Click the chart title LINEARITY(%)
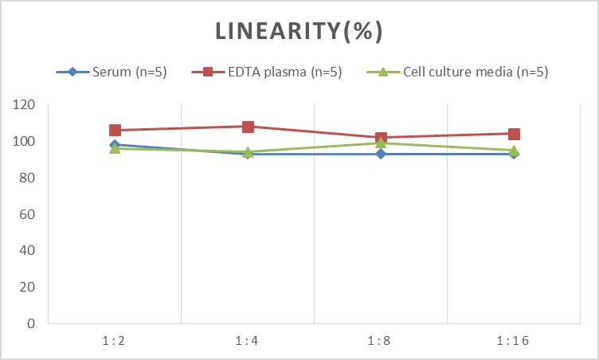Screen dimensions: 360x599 click(x=299, y=31)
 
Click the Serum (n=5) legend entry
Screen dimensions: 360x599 click(x=119, y=72)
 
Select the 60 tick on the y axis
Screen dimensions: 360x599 click(x=29, y=214)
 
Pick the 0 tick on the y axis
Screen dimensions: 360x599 click(x=33, y=323)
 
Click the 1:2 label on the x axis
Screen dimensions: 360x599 click(x=115, y=340)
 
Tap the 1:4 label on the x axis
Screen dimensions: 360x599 click(x=248, y=340)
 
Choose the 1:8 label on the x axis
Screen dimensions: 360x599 click(x=381, y=340)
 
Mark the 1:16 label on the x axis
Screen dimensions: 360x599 click(x=514, y=340)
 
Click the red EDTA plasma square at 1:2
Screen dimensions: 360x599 click(x=115, y=131)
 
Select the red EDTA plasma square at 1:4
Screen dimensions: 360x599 click(x=248, y=127)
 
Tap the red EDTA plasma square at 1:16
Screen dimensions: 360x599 click(x=514, y=134)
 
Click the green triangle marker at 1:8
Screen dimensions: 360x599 click(x=381, y=143)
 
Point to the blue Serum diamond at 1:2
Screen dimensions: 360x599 click(x=115, y=145)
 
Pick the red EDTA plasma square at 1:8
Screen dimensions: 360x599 click(x=381, y=138)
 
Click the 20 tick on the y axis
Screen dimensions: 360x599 click(x=29, y=287)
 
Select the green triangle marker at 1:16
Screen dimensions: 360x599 click(x=514, y=151)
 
